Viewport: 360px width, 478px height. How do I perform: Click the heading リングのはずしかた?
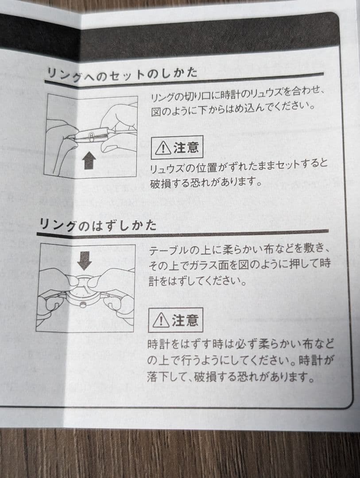[x=97, y=225]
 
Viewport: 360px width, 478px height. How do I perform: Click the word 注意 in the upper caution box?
[x=186, y=147]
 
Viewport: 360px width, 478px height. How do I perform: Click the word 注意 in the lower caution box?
[x=185, y=320]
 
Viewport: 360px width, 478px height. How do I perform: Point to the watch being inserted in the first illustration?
[x=92, y=134]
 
